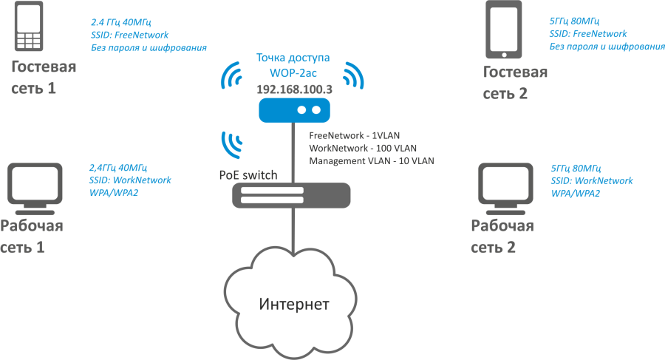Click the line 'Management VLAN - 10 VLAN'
pyautogui.click(x=372, y=160)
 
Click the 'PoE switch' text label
pyautogui.click(x=248, y=175)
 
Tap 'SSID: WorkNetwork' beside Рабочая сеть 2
pyautogui.click(x=592, y=180)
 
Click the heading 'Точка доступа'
pyautogui.click(x=293, y=58)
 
